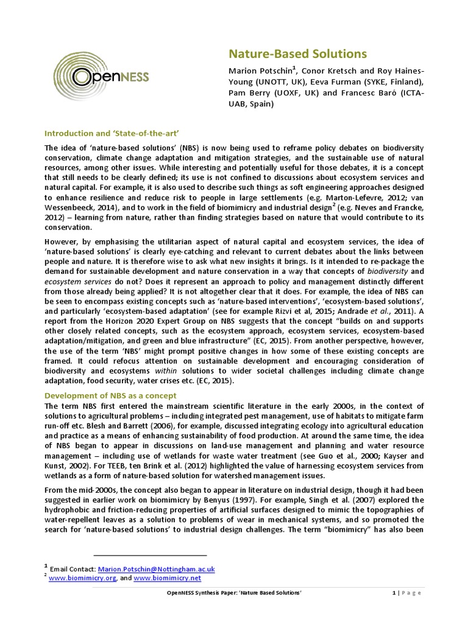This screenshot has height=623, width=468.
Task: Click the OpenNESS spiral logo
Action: (x=101, y=76)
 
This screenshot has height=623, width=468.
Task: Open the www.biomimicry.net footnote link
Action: (x=167, y=578)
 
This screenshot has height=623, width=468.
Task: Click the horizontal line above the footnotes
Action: (x=150, y=555)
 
